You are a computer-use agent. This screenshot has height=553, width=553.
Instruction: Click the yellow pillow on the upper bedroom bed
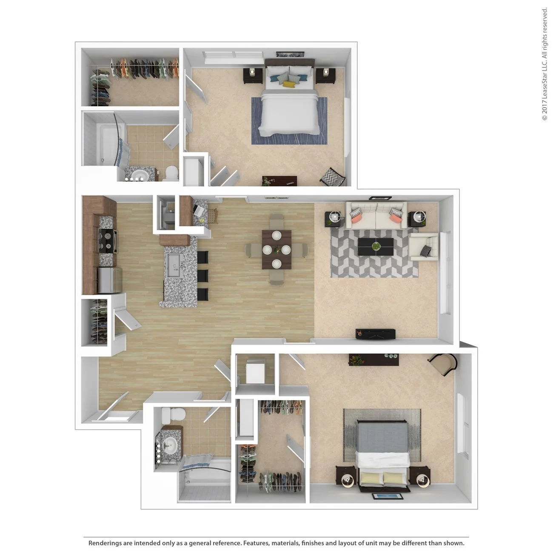pyautogui.click(x=289, y=84)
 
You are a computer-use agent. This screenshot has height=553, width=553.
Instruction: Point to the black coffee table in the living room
pyautogui.click(x=376, y=247)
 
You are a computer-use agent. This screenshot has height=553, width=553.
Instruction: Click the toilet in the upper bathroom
pyautogui.click(x=171, y=173)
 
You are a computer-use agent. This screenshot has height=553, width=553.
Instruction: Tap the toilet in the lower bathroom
pyautogui.click(x=175, y=414)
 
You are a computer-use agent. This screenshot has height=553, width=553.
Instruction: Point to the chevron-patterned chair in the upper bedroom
pyautogui.click(x=334, y=177)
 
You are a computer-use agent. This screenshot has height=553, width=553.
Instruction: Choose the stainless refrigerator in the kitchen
pyautogui.click(x=110, y=280)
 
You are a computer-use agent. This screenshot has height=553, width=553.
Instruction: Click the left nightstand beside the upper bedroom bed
pyautogui.click(x=252, y=76)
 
